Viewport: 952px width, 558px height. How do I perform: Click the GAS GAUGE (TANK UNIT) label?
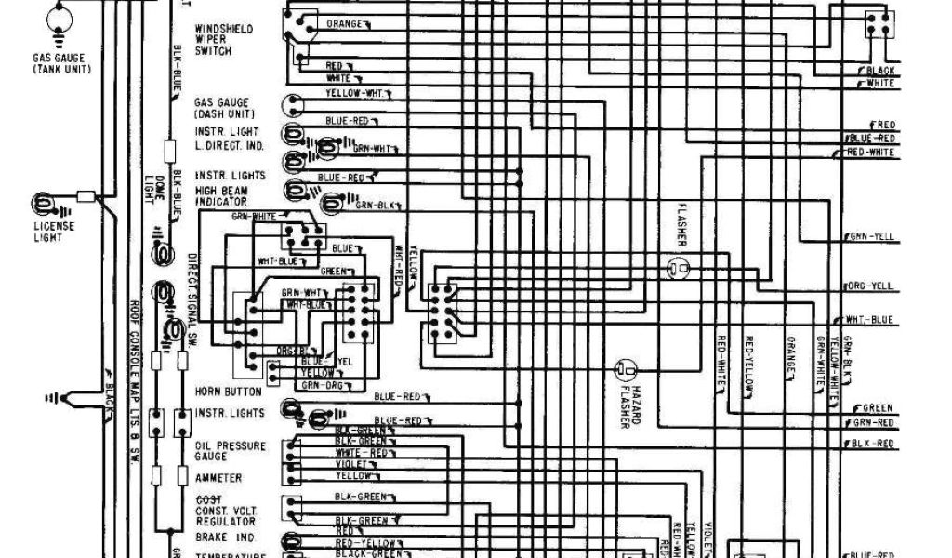tap(57, 62)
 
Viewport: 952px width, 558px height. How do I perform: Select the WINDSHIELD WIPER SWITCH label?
tap(223, 40)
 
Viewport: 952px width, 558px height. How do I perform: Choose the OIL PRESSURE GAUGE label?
tap(230, 451)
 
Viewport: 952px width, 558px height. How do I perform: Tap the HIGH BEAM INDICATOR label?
tap(220, 196)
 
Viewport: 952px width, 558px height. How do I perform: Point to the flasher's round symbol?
tap(678, 269)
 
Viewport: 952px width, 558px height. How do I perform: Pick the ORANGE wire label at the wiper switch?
tap(343, 21)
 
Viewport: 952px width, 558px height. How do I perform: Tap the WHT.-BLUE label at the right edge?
tap(870, 320)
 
